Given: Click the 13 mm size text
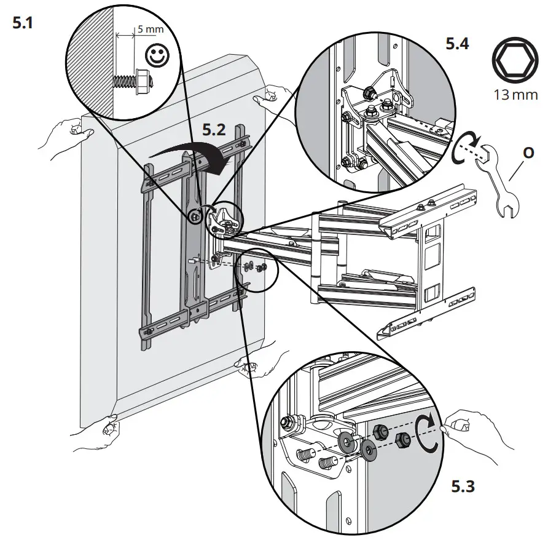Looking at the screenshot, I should (515, 94).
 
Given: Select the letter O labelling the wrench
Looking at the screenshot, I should (527, 150).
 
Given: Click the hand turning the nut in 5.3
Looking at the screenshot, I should (479, 431).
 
